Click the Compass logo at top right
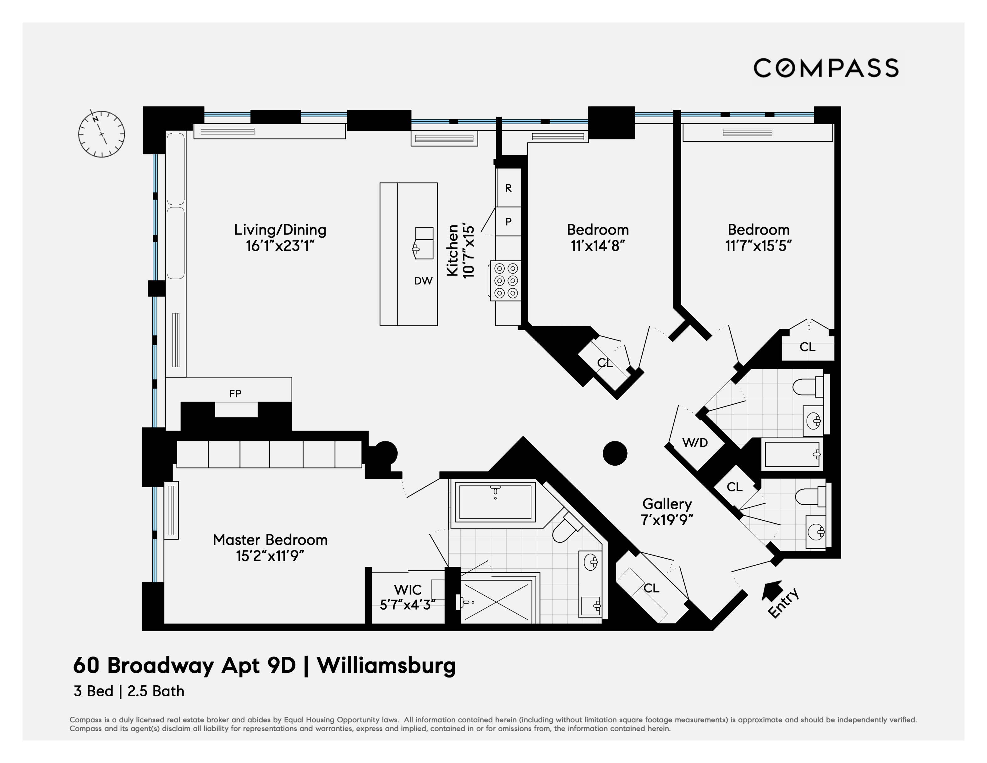click(x=826, y=68)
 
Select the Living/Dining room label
click(x=280, y=229)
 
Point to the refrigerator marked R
click(x=509, y=188)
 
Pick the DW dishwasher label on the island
click(x=424, y=281)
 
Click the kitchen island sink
click(x=424, y=243)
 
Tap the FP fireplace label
click(x=235, y=393)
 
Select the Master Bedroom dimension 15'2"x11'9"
click(x=270, y=556)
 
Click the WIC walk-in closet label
click(x=408, y=590)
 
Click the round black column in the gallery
click(x=615, y=453)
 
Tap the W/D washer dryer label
click(x=695, y=443)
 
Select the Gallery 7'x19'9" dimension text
click(x=667, y=520)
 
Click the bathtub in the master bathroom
click(x=495, y=502)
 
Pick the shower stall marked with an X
click(x=496, y=601)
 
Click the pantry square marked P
click(x=509, y=222)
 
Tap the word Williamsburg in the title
click(x=387, y=665)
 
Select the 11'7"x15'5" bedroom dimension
click(x=758, y=246)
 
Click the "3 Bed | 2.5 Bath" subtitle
click(x=129, y=691)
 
